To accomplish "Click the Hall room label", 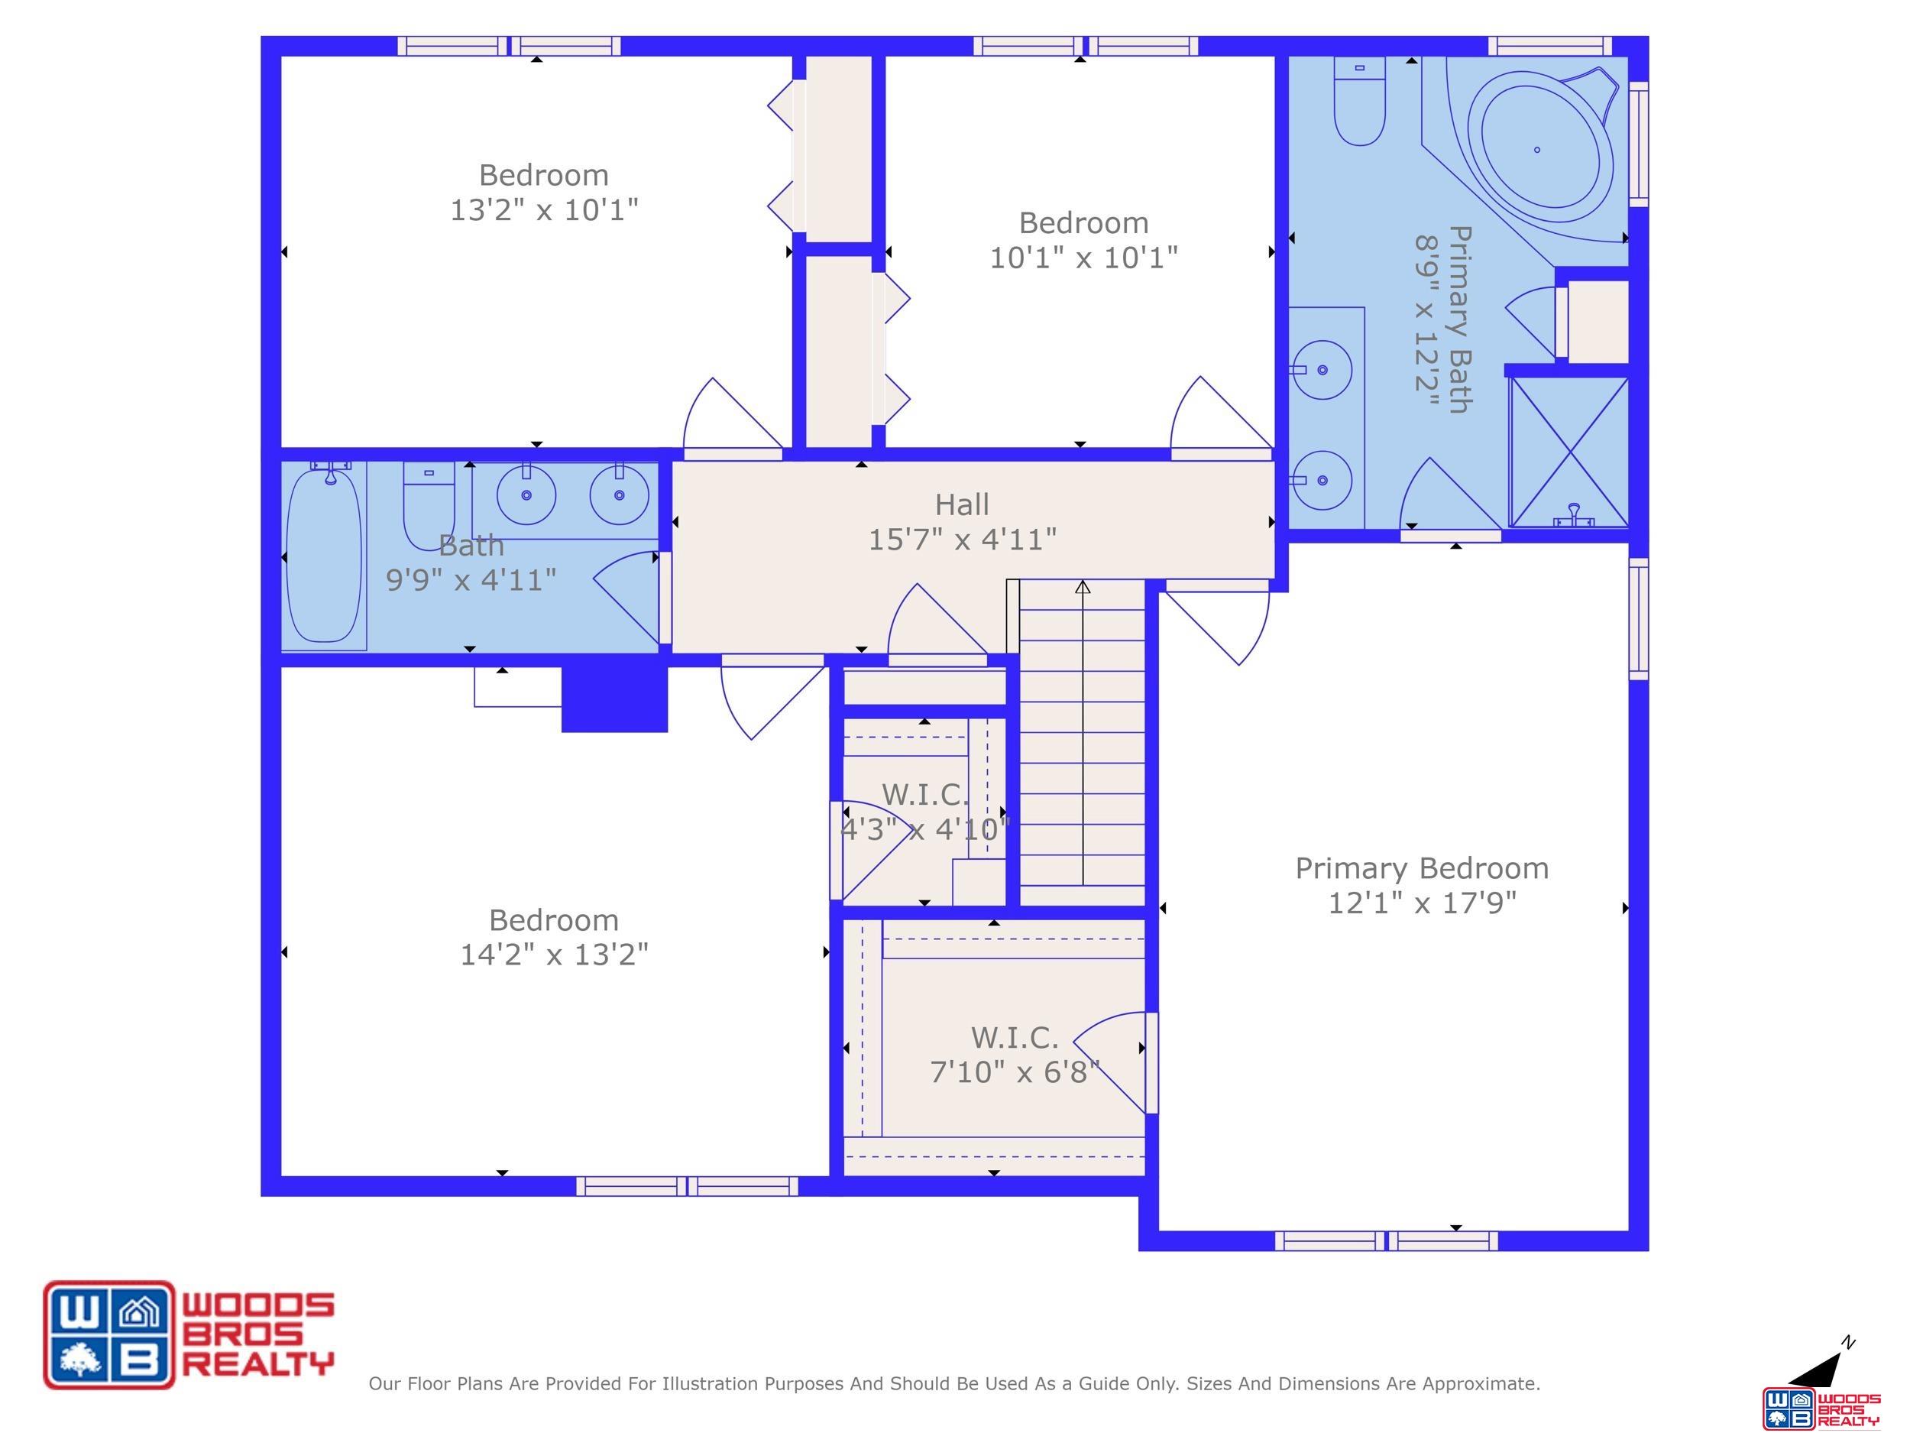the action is click(962, 504).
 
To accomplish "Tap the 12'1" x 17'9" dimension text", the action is click(1422, 903).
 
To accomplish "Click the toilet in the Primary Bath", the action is click(1360, 101).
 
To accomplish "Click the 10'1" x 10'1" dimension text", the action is click(1083, 258).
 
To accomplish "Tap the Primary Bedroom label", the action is click(1422, 868).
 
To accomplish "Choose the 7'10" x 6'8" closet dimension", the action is click(1015, 1072).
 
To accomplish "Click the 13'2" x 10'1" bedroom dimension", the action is click(544, 210).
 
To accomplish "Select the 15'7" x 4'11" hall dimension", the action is click(962, 540).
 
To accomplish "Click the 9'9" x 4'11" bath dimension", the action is click(471, 579).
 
